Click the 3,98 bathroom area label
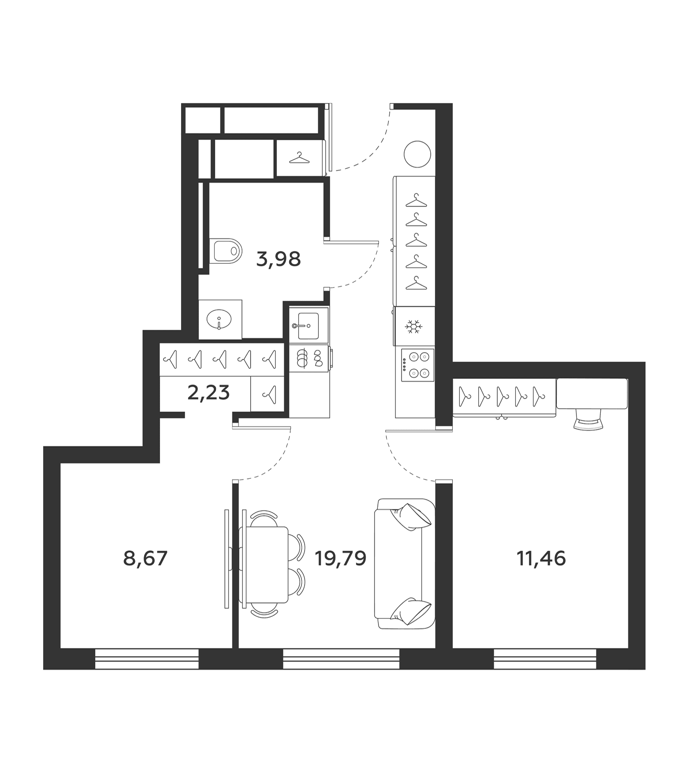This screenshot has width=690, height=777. tap(278, 259)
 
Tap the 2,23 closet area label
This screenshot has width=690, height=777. tap(208, 393)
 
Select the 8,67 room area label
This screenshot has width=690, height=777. tap(145, 559)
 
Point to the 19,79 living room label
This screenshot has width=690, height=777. tap(341, 559)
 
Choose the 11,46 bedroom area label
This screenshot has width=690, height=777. tap(541, 559)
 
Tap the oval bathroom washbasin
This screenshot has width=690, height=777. tap(219, 320)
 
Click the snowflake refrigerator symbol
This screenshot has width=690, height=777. tap(414, 327)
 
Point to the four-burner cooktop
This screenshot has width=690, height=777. tap(417, 365)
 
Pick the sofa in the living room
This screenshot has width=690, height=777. tap(405, 563)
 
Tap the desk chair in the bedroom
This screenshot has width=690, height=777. tap(588, 420)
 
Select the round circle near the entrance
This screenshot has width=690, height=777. tap(417, 154)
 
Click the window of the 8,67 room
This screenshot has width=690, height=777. tap(147, 660)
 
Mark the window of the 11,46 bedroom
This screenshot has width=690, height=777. tap(546, 660)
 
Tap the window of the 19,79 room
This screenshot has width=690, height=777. tap(341, 660)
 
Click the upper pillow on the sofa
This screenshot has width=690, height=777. tap(411, 516)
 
